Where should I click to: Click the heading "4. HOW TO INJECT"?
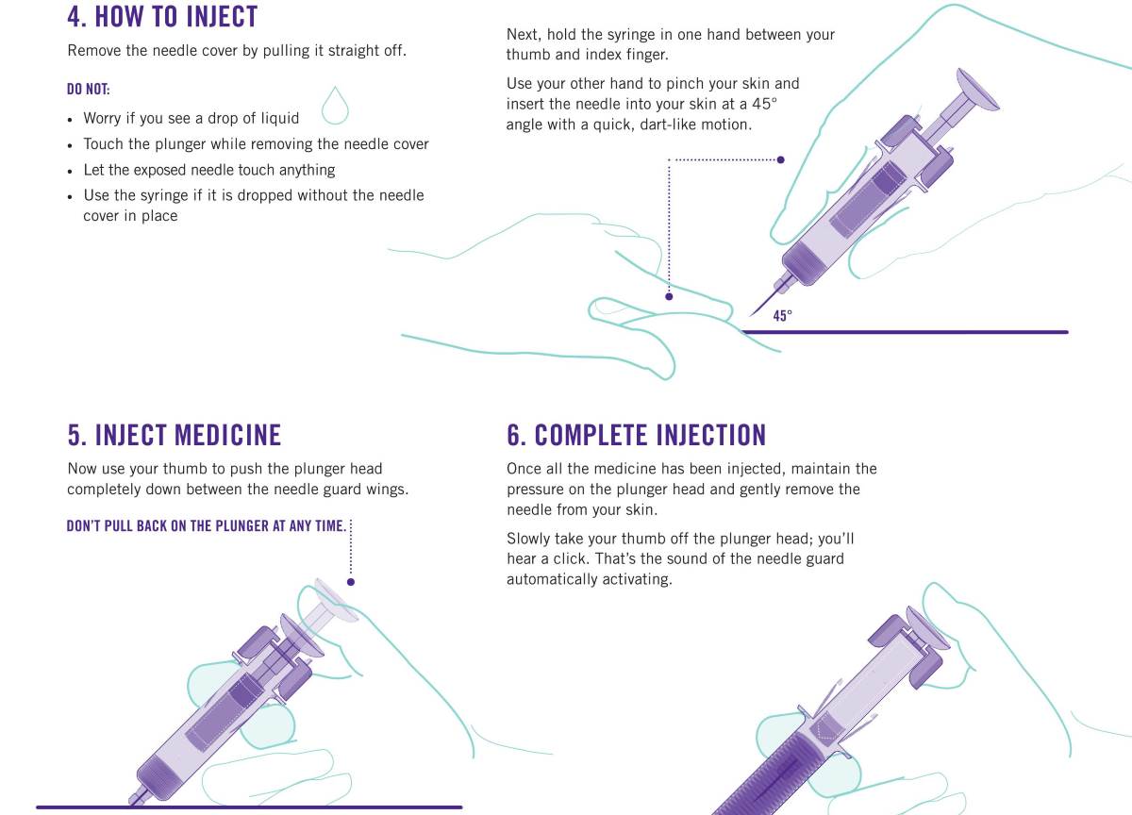click(162, 16)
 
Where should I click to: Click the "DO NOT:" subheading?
click(89, 90)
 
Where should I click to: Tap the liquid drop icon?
click(335, 106)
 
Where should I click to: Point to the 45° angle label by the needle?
click(782, 316)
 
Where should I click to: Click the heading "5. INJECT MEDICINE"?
click(175, 435)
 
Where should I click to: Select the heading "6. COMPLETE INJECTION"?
click(636, 435)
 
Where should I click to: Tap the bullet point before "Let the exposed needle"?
click(70, 172)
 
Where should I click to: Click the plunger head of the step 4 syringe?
click(977, 91)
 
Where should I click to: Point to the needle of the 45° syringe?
click(765, 303)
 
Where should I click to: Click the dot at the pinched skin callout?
click(669, 296)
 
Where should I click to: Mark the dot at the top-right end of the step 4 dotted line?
click(781, 159)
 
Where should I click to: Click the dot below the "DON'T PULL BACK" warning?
click(351, 582)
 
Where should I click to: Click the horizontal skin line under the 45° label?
click(905, 332)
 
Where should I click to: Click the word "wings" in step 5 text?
click(387, 491)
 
